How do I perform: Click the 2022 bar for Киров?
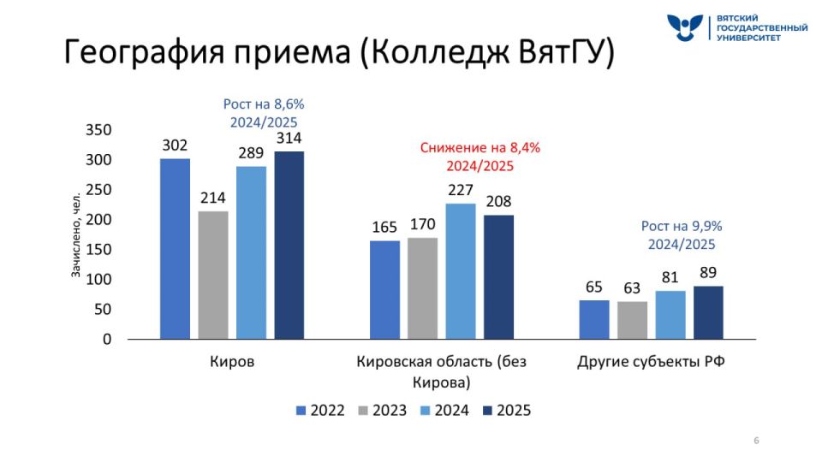(175, 248)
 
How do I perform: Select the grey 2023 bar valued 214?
(213, 275)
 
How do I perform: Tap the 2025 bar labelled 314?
(289, 245)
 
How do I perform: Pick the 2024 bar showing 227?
(461, 270)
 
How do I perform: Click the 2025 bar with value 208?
(498, 276)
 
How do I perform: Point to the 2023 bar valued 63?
(633, 320)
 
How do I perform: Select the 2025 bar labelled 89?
(708, 312)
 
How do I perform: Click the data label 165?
(384, 228)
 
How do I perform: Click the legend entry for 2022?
(320, 411)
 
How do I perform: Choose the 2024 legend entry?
(444, 411)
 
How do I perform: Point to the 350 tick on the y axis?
(99, 130)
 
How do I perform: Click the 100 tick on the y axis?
(99, 280)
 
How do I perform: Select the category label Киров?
(232, 362)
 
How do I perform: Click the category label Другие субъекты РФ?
(651, 362)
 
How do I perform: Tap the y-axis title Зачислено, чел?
(75, 235)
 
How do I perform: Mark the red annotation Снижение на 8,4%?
(479, 148)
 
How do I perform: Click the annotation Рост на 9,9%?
(682, 227)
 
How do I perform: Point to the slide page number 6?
(756, 441)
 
